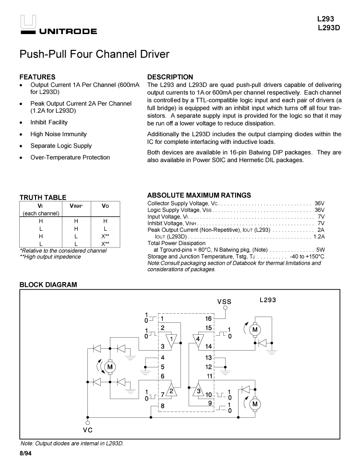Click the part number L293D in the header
(x=329, y=27)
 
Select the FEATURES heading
(x=37, y=77)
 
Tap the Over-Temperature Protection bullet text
(x=70, y=157)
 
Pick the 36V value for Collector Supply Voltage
(x=319, y=203)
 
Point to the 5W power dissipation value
(x=320, y=250)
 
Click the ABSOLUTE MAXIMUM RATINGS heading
(x=199, y=195)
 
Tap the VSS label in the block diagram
(x=224, y=302)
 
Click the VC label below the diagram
(x=87, y=430)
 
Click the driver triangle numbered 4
(x=197, y=340)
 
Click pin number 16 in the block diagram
(x=208, y=318)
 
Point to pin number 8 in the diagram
(x=163, y=406)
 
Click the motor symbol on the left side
(x=110, y=367)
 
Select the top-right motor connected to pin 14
(x=255, y=330)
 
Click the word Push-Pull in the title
(x=40, y=54)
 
